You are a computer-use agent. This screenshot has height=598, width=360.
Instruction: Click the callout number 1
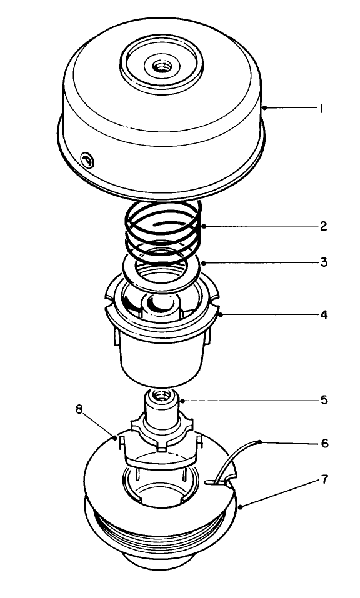(x=321, y=108)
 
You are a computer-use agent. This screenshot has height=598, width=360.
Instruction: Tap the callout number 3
(x=323, y=262)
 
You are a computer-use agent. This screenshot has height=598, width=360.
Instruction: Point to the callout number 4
(x=323, y=314)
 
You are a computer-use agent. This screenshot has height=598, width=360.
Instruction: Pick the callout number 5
(x=323, y=398)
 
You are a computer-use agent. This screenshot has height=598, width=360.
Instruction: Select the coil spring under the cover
(x=164, y=228)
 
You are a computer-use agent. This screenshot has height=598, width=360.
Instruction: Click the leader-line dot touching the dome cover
(x=265, y=108)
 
